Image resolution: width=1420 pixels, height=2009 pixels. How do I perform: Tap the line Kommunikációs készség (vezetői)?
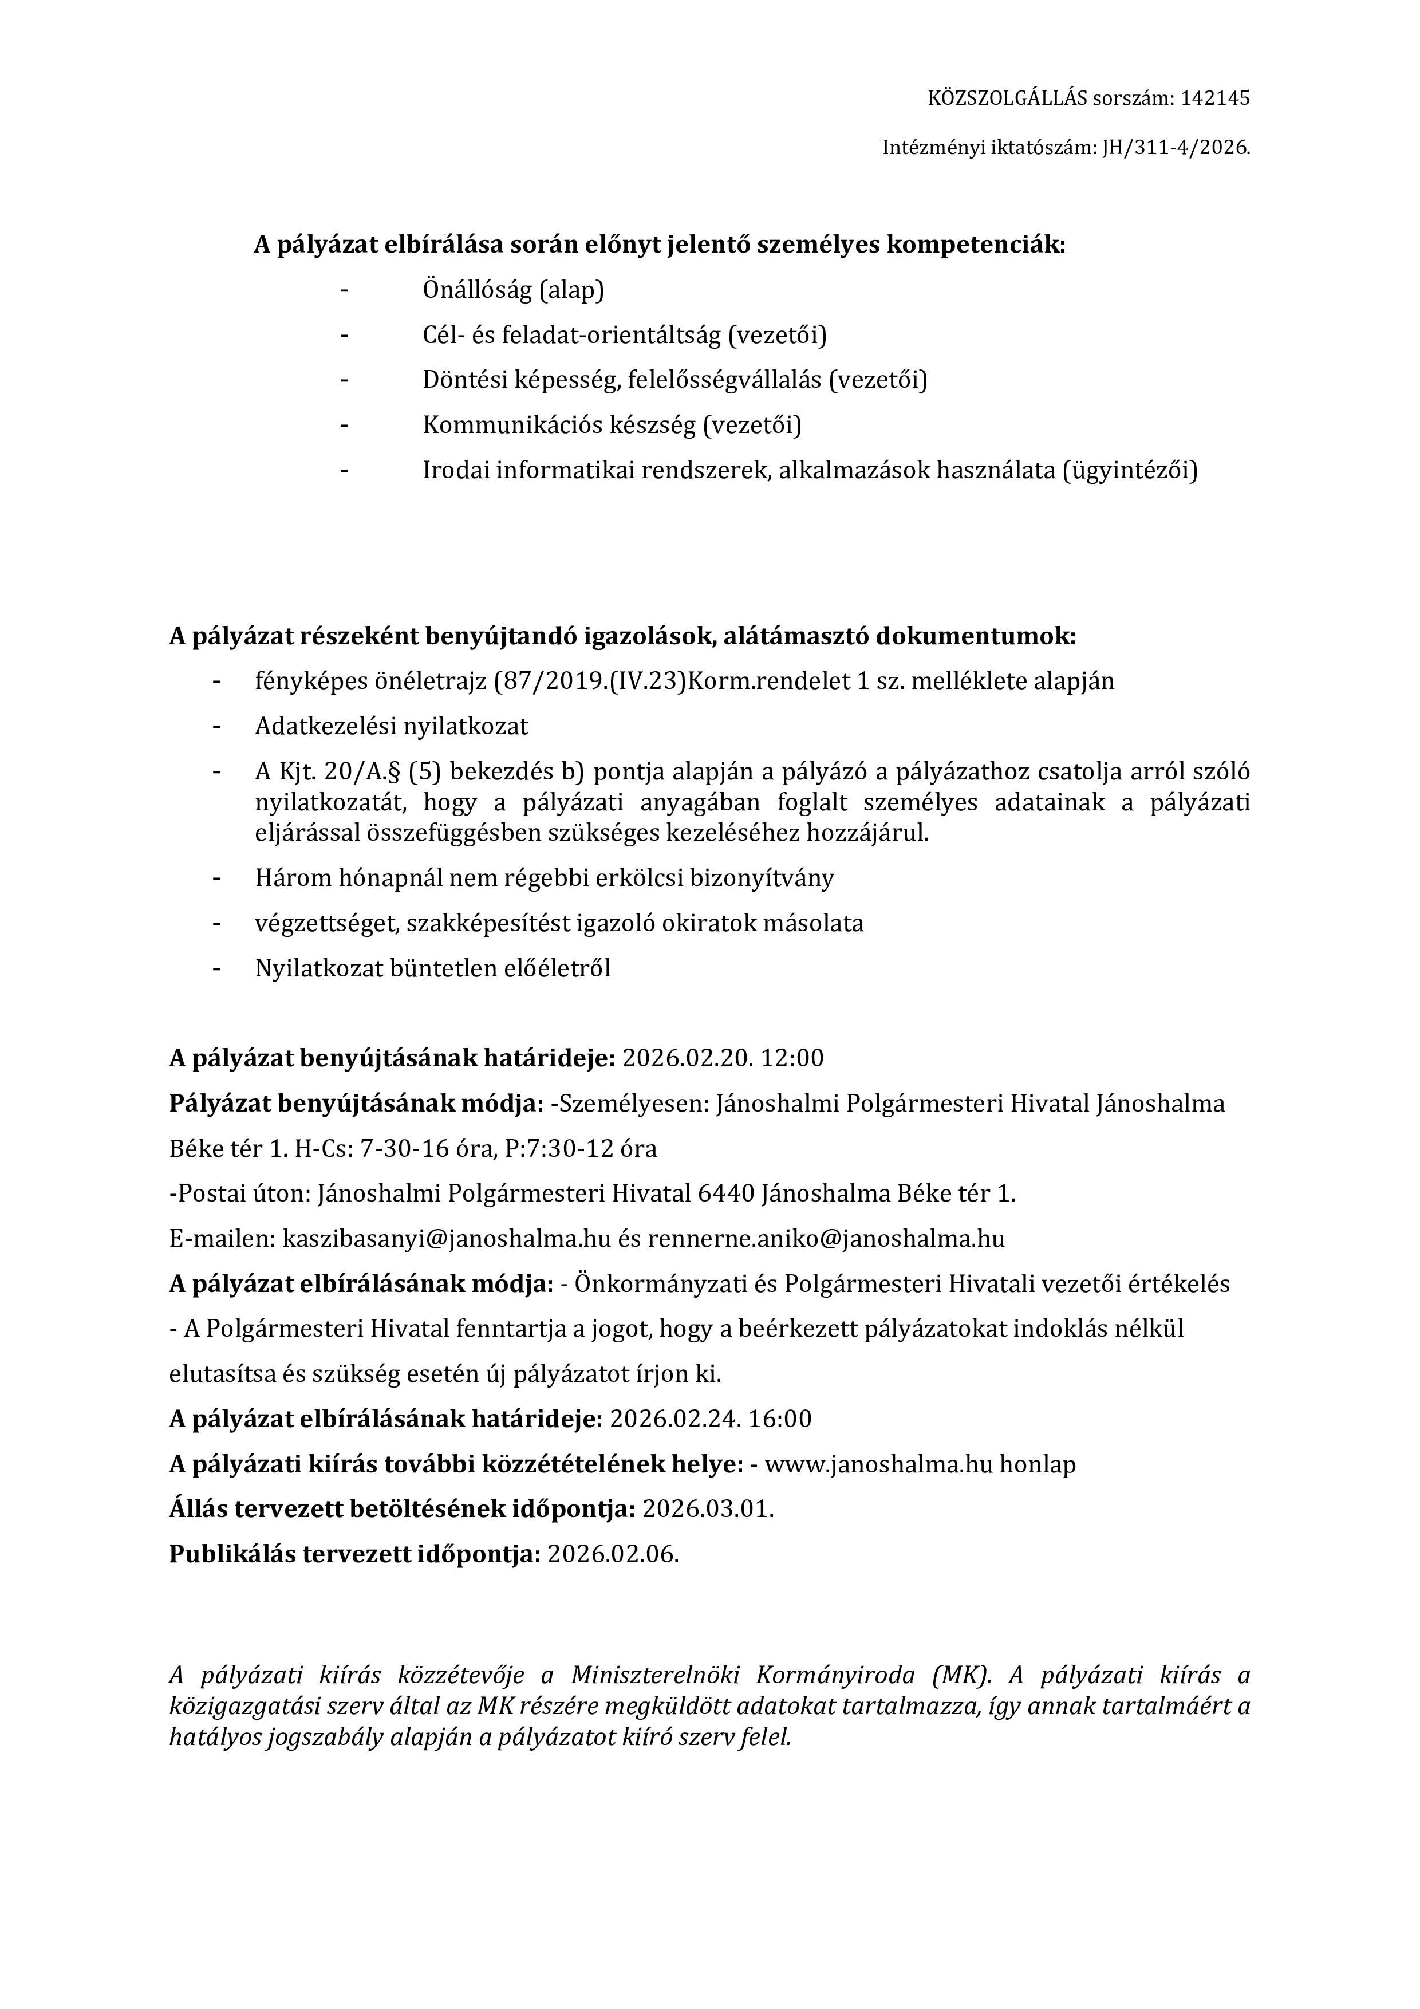coord(612,426)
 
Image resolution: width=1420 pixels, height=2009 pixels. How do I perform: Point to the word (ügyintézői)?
coord(1129,471)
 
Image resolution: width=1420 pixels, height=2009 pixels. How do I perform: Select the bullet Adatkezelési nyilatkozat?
coord(391,726)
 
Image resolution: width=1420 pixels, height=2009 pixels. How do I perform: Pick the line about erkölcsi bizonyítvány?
coord(544,877)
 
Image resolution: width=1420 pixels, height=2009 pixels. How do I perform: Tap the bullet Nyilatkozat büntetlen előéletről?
coord(432,968)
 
